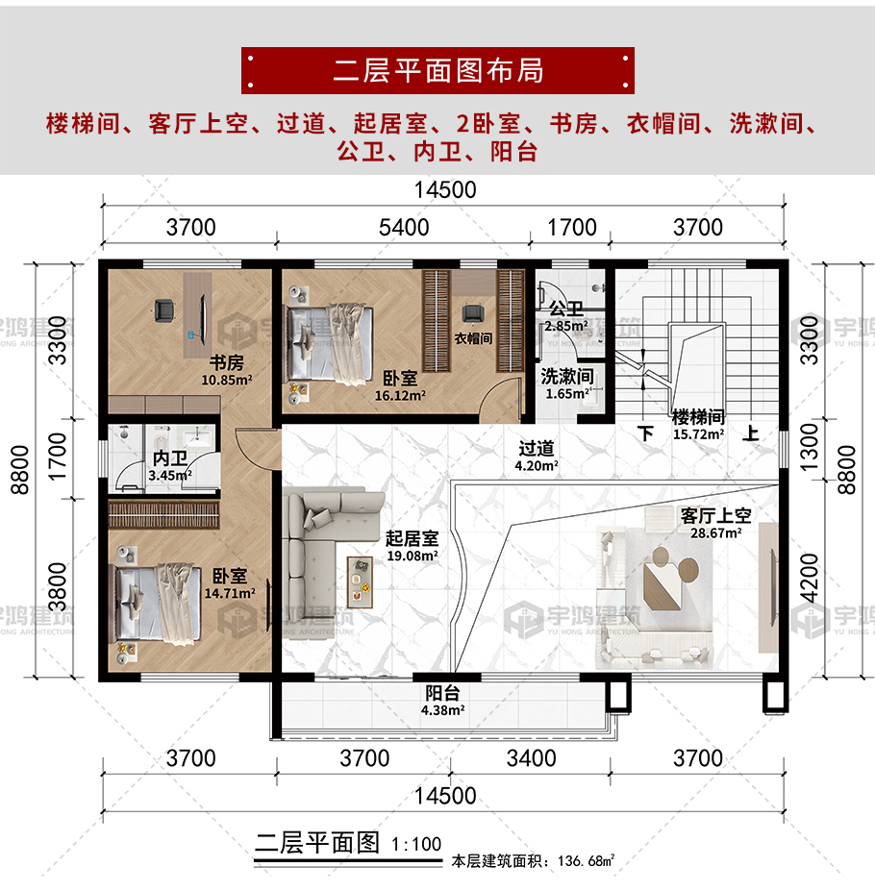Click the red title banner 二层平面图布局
pos(437,70)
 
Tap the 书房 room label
pos(226,362)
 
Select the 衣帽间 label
pos(473,338)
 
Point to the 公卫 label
pos(566,309)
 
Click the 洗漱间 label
pos(567,376)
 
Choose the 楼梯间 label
pos(698,417)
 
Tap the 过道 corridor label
pos(536,448)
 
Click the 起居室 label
pos(412,538)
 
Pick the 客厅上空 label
pos(715,515)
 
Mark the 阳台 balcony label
pos(442,693)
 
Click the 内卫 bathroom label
pos(169,458)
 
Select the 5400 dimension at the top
pos(404,227)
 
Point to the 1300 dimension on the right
pos(809,447)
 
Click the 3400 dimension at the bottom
pos(531,758)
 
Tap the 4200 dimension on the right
pos(809,578)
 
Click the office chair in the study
pos(163,309)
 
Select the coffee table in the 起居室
pos(360,582)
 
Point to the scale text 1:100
pos(416,844)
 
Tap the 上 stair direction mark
pos(751,433)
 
